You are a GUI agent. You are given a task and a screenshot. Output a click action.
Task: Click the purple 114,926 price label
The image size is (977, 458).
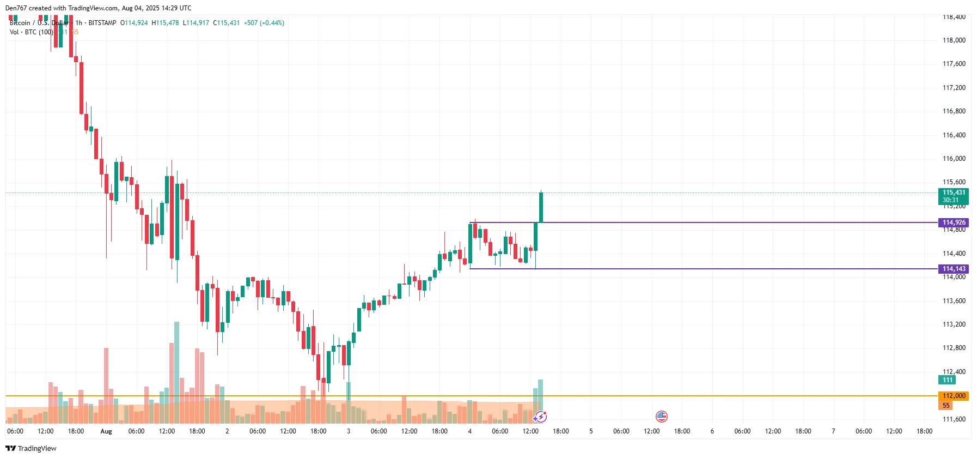pyautogui.click(x=954, y=222)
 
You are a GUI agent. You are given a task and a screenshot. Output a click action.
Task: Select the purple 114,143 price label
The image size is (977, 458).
pyautogui.click(x=954, y=269)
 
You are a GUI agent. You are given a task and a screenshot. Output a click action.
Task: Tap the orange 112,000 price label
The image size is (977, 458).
pyautogui.click(x=954, y=396)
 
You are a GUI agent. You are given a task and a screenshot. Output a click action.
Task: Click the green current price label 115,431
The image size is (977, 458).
pyautogui.click(x=954, y=192)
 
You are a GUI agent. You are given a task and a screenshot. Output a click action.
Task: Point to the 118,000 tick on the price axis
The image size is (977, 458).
pyautogui.click(x=954, y=40)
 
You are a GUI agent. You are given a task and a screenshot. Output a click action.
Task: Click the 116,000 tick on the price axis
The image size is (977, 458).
pyautogui.click(x=954, y=159)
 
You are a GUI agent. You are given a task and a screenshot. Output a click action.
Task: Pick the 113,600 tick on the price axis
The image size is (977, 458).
pyautogui.click(x=954, y=301)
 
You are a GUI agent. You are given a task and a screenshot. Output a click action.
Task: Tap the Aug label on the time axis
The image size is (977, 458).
pyautogui.click(x=106, y=431)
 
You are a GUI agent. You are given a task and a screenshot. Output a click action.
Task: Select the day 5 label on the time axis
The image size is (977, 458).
pyautogui.click(x=591, y=431)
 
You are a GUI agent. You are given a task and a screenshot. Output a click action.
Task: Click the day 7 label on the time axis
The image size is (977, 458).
pyautogui.click(x=833, y=431)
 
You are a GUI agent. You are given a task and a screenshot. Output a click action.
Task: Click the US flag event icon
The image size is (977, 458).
pyautogui.click(x=661, y=417)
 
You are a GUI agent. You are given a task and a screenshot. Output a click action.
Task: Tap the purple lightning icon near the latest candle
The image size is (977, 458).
pyautogui.click(x=540, y=417)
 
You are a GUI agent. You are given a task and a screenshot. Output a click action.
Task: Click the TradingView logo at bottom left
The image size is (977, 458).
pyautogui.click(x=31, y=448)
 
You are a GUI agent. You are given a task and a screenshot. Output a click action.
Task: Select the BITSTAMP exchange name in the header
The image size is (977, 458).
pyautogui.click(x=102, y=23)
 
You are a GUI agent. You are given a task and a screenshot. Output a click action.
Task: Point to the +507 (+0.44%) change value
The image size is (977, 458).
pyautogui.click(x=264, y=23)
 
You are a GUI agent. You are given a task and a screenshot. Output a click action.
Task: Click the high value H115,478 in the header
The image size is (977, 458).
pyautogui.click(x=165, y=23)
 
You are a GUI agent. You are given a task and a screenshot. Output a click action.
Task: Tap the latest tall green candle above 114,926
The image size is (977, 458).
pyautogui.click(x=541, y=207)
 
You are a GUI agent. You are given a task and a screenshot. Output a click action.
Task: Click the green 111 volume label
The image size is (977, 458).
pyautogui.click(x=948, y=380)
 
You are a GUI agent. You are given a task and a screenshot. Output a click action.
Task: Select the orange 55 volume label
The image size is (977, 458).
pyautogui.click(x=946, y=406)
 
